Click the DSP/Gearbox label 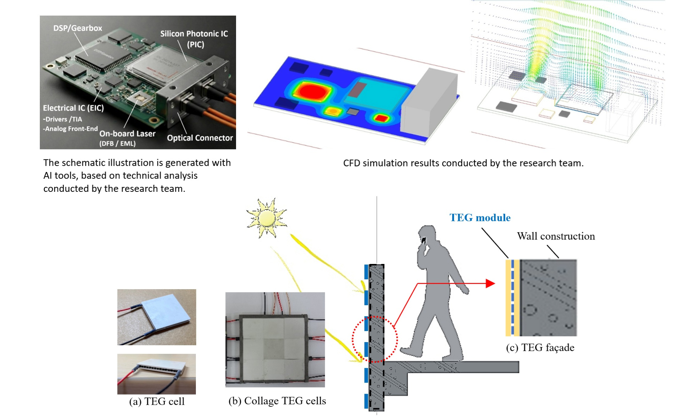[x=77, y=28]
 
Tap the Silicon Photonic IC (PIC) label [x=194, y=39]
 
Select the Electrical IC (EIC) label [x=73, y=108]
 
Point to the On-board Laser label [x=127, y=134]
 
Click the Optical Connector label [x=200, y=138]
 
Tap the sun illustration [x=267, y=218]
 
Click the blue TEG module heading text [x=480, y=217]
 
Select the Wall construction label [x=556, y=236]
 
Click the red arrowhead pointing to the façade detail [x=491, y=283]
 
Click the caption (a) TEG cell [x=157, y=401]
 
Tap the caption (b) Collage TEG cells [x=277, y=401]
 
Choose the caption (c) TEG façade [x=540, y=347]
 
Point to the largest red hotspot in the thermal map [x=312, y=91]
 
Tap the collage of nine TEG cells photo [x=275, y=340]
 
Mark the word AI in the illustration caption [x=48, y=175]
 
